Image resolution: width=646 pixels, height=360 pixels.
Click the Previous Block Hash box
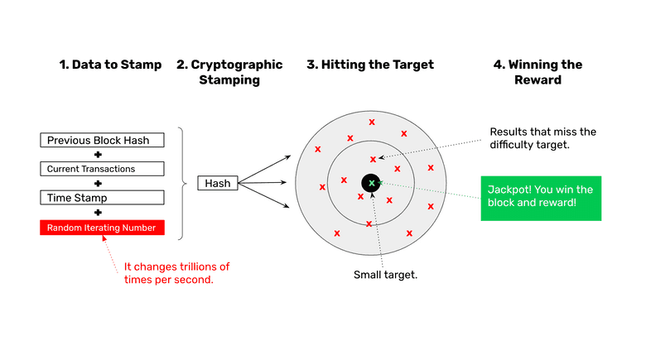pos(98,140)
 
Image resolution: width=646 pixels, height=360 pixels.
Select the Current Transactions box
pos(98,169)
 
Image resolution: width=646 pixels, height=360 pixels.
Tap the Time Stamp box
pos(98,198)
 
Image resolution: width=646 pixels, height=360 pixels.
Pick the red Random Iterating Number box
pos(102,228)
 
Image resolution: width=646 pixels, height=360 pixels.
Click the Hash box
pos(218,183)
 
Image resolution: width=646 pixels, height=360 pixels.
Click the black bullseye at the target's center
pos(371,183)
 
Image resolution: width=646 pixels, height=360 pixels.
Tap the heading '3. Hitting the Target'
pos(369,65)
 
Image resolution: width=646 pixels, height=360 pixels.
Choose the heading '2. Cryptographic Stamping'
pos(229,72)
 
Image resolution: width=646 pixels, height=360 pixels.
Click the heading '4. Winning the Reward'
pos(538,72)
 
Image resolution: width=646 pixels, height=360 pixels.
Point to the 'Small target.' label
pos(385,275)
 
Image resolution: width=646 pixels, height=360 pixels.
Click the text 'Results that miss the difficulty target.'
pos(542,138)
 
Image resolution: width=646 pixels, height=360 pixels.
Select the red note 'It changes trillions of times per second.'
pos(176,273)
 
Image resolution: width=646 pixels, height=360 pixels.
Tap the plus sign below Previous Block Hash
pos(98,155)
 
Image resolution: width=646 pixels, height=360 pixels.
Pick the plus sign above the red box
pos(98,213)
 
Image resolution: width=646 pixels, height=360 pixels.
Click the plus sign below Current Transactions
pos(98,184)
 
